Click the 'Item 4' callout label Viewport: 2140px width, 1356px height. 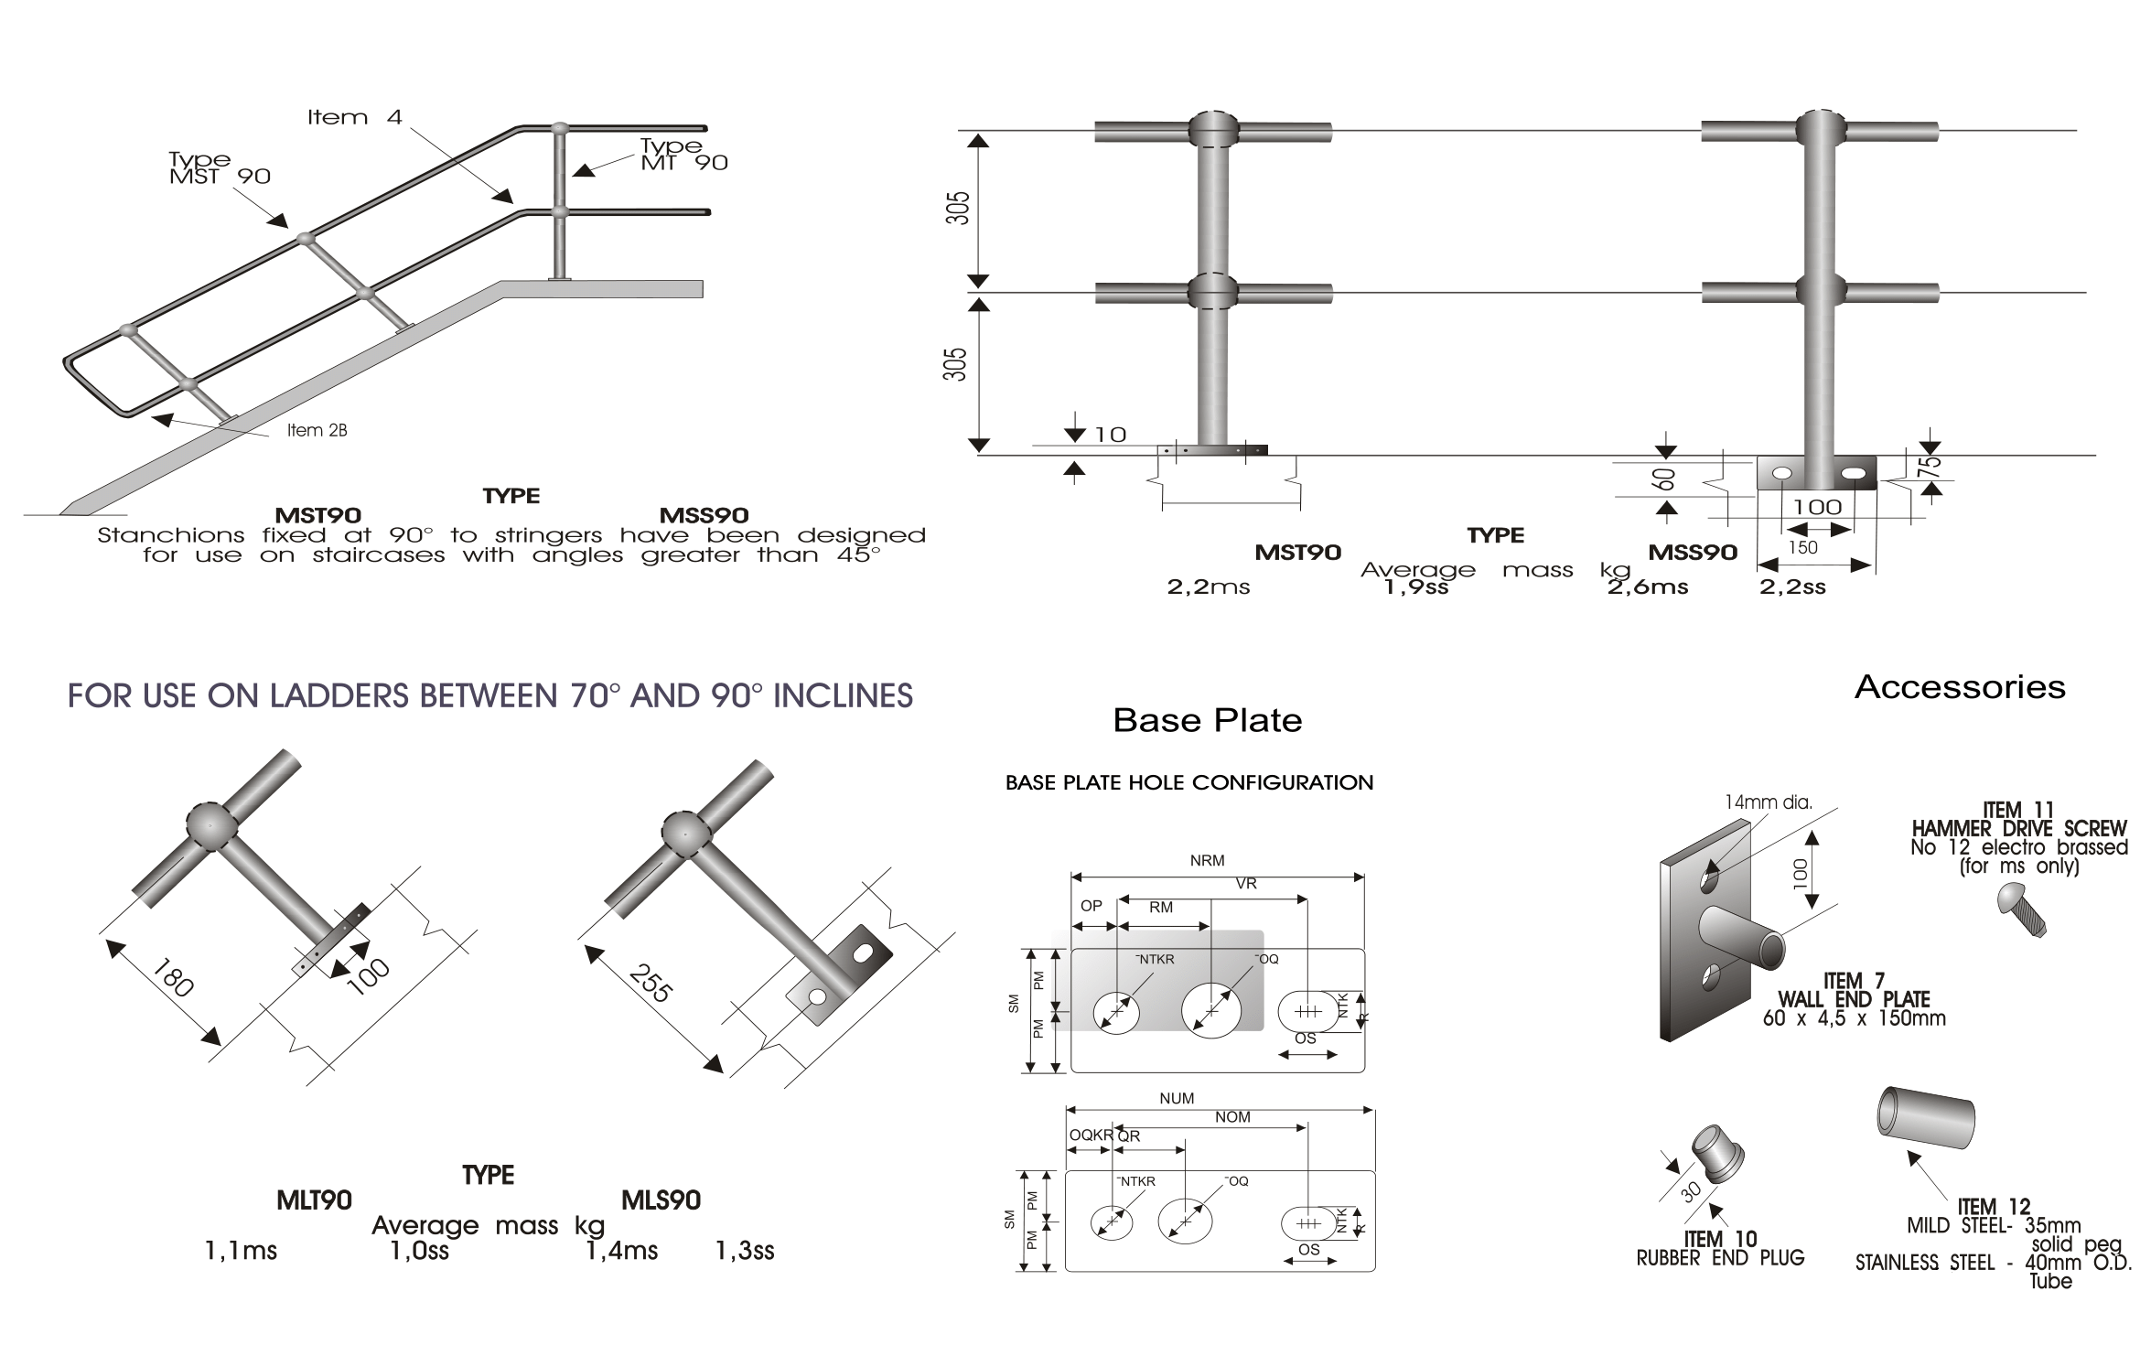[x=354, y=117]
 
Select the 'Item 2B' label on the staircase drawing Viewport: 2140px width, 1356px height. [x=317, y=430]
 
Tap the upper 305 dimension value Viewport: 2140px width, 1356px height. [x=958, y=209]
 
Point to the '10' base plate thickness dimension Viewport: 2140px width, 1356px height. [x=1111, y=435]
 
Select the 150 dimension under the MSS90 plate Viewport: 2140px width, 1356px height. [x=1802, y=547]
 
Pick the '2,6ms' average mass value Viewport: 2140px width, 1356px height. [x=1648, y=587]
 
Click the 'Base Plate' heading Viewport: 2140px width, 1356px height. [x=1207, y=720]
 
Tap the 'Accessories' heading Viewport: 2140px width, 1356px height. [x=1960, y=687]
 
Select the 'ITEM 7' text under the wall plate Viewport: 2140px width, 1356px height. [x=1854, y=982]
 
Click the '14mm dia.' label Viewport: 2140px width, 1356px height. [x=1768, y=802]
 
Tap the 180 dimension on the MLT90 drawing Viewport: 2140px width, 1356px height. [x=172, y=977]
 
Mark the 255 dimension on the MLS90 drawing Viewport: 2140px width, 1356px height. [x=651, y=983]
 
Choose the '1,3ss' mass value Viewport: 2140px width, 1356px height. [x=745, y=1251]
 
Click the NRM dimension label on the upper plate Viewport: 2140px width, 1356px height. [x=1207, y=860]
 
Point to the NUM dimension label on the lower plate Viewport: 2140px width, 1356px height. [x=1177, y=1098]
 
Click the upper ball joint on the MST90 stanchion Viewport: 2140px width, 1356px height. [x=1213, y=129]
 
